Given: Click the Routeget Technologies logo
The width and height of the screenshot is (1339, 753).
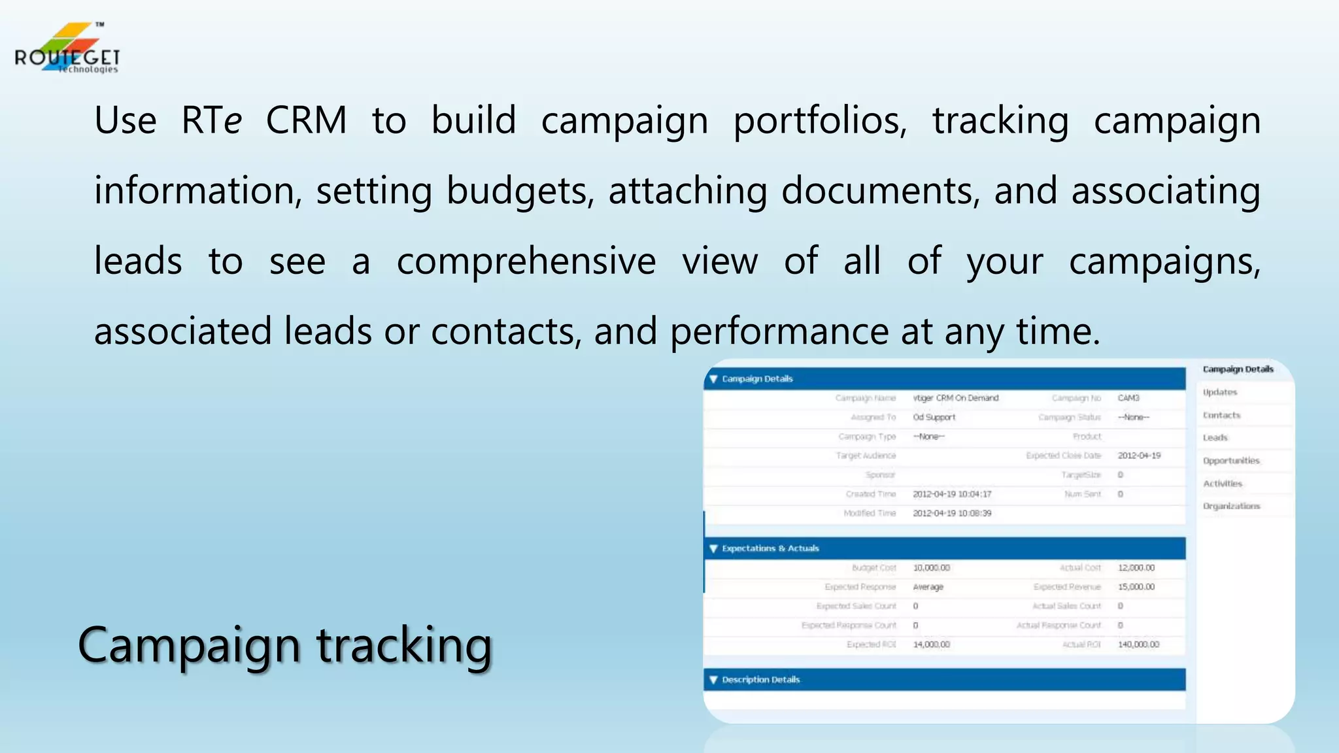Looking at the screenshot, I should point(67,50).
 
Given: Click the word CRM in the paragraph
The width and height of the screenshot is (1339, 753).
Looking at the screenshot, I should point(306,121).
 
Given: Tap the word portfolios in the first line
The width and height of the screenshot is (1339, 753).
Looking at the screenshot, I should point(820,121).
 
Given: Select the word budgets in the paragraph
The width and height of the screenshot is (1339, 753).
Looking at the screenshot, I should point(520,192).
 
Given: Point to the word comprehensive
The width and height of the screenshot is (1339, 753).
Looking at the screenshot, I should point(526,261).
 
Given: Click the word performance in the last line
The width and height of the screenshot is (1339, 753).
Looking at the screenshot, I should point(779,331).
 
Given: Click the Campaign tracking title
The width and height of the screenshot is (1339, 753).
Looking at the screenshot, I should point(285,645).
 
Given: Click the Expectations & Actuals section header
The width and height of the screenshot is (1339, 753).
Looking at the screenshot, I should point(770,548).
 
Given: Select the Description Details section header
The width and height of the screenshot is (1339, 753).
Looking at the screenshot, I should point(760,680).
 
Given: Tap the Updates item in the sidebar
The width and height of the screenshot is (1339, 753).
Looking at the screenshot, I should point(1220,392).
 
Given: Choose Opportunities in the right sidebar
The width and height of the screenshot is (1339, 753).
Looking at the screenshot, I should point(1231,461).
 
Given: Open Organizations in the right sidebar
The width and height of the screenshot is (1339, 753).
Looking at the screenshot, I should point(1231,506).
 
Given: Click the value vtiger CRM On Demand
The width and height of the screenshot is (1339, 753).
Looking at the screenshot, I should point(955,398).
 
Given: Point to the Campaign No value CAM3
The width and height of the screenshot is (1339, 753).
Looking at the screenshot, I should point(1128,398).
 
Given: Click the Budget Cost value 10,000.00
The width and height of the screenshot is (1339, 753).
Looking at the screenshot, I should point(931,568).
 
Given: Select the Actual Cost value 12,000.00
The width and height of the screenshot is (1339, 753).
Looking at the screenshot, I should point(1136,568).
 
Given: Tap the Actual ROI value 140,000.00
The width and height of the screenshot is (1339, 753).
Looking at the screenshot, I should point(1138,644).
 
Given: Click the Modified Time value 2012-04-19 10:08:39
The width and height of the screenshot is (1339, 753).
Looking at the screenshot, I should point(952,513).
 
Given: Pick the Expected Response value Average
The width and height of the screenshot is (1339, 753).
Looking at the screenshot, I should point(928,587).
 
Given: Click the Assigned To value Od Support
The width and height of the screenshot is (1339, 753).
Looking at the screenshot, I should point(934,417).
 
